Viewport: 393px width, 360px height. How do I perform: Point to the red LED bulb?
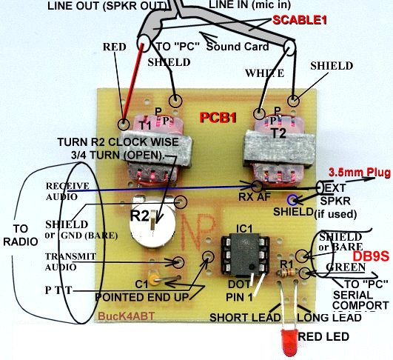[289, 341]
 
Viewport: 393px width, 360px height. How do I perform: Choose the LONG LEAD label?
[323, 317]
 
